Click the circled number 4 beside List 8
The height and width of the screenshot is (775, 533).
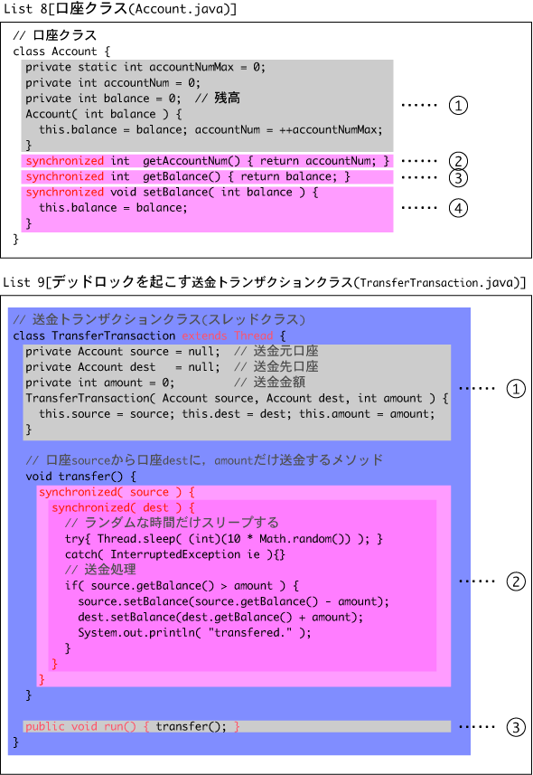tap(458, 208)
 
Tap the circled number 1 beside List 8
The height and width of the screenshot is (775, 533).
tap(458, 105)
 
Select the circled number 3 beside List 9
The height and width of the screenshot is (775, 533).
tap(516, 727)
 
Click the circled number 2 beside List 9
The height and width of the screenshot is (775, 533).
tap(516, 581)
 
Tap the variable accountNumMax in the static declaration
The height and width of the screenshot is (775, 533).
tap(192, 67)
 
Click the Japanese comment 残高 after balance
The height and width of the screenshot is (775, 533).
tap(228, 98)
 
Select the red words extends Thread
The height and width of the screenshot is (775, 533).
tap(228, 336)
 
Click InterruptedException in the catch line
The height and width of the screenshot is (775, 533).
tap(175, 554)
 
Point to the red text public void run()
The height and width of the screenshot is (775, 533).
tap(80, 726)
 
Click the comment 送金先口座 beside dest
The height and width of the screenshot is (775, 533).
tap(285, 367)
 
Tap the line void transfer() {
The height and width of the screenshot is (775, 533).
tap(80, 477)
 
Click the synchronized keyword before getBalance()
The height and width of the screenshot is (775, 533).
tap(65, 177)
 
